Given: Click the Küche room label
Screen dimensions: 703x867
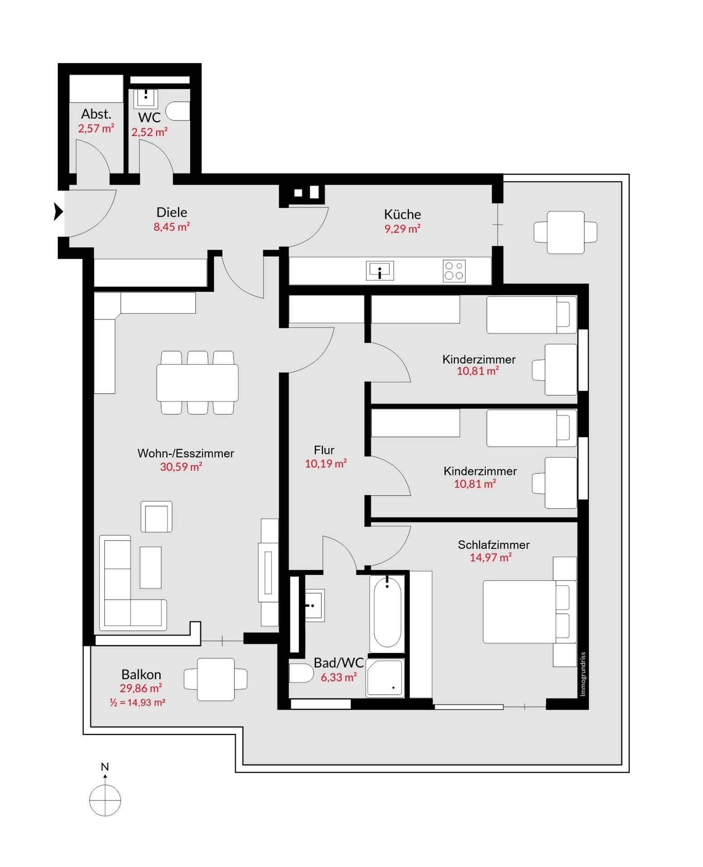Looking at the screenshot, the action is click(x=402, y=214).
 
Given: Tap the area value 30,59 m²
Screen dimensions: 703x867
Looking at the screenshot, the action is click(x=181, y=466).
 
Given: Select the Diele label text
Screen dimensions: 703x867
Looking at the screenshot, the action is click(x=172, y=212).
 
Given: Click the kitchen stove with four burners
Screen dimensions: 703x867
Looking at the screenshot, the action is click(x=454, y=271).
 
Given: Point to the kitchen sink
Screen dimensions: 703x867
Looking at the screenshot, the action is click(x=380, y=270).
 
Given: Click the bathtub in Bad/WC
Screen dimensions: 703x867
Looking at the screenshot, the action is click(x=387, y=614).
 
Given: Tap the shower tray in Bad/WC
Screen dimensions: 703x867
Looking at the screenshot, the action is click(x=385, y=678).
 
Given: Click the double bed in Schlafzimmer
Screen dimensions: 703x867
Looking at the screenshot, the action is click(x=530, y=611).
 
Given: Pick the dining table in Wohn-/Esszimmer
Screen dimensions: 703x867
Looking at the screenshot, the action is click(x=197, y=382).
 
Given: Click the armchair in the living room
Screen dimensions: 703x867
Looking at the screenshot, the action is click(x=156, y=517).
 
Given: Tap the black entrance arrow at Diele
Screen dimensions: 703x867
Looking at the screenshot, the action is click(x=58, y=211).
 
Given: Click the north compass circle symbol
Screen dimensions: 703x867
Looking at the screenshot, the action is click(x=105, y=800).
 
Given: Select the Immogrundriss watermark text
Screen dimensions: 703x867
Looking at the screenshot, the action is click(x=583, y=674).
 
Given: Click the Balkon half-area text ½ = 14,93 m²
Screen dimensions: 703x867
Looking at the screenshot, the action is click(x=138, y=703).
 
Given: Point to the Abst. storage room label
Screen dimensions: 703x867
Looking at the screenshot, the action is click(x=96, y=114).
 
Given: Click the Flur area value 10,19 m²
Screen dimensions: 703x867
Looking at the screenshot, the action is click(x=326, y=463).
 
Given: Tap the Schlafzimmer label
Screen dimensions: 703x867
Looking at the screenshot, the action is click(x=493, y=545).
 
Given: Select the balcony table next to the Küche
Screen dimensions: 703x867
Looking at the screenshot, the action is click(x=565, y=232).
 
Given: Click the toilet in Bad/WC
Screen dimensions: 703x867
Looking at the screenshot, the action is click(x=301, y=673).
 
